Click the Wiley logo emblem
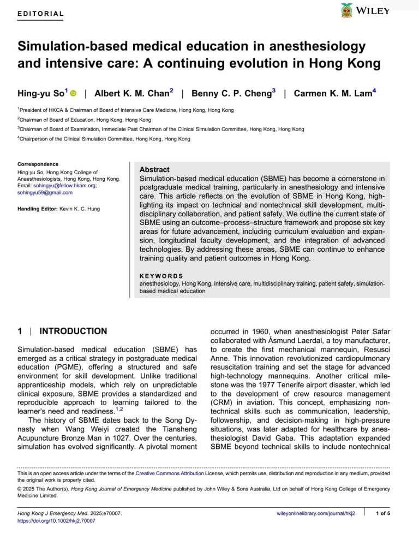pyautogui.click(x=346, y=10)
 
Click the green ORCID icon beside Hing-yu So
pyautogui.click(x=73, y=94)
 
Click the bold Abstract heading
pyautogui.click(x=154, y=170)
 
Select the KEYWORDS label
pyautogui.click(x=161, y=276)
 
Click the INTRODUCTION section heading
pyautogui.click(x=73, y=331)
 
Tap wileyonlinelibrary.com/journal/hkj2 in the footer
pyautogui.click(x=316, y=513)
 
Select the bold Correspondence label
pyautogui.click(x=38, y=164)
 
